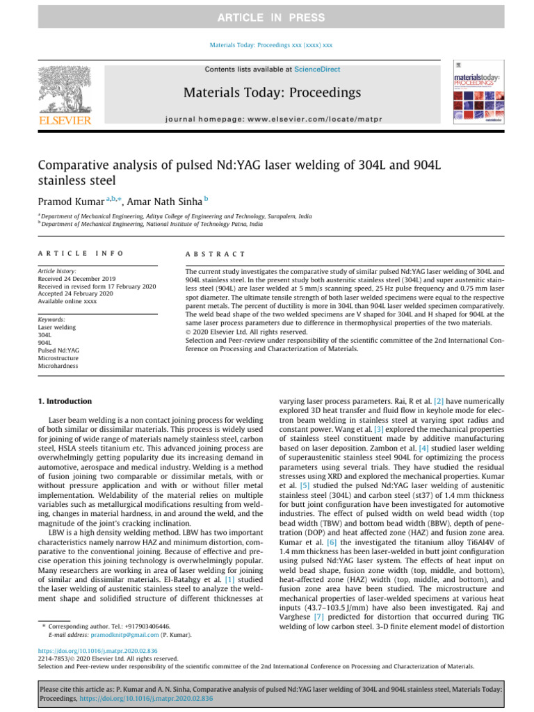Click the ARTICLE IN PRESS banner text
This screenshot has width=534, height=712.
[x=267, y=17]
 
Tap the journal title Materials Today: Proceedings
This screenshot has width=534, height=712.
[x=272, y=92]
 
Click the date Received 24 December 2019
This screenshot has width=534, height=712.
[x=76, y=279]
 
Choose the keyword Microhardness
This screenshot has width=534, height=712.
[x=58, y=365]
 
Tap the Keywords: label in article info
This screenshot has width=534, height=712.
[x=53, y=319]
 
